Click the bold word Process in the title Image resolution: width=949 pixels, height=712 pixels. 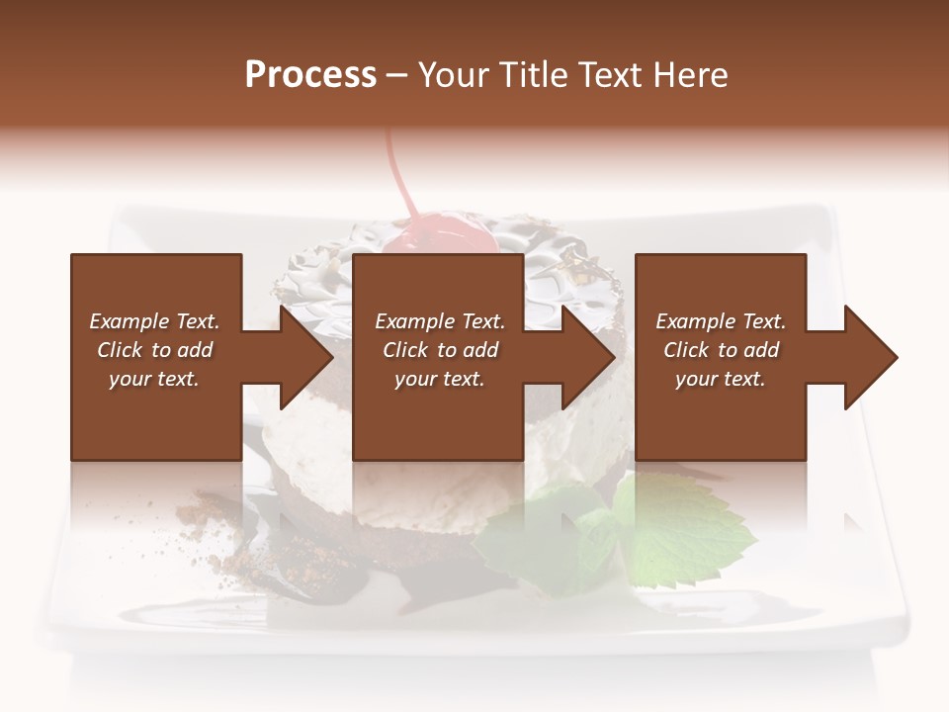[310, 75]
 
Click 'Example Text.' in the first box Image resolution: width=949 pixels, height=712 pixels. [154, 321]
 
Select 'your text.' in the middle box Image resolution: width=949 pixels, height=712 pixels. [440, 379]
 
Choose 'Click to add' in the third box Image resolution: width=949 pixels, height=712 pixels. [722, 350]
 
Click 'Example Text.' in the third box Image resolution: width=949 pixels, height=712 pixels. [722, 321]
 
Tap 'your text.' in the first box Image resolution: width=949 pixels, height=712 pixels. [154, 379]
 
